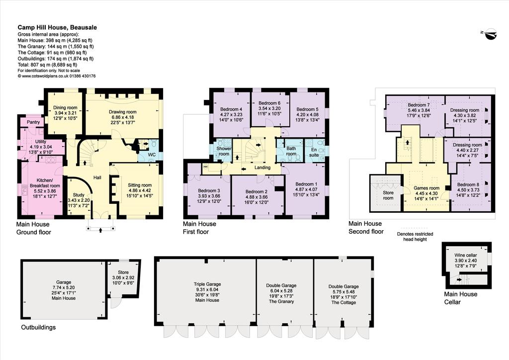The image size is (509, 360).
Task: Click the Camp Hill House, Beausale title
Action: [57, 27]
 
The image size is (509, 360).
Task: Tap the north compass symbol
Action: [490, 34]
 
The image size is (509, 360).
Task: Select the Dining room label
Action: [65, 107]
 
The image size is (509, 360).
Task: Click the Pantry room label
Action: [33, 122]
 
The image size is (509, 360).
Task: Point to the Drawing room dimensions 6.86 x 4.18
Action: [123, 117]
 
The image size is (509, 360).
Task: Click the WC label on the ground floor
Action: [152, 155]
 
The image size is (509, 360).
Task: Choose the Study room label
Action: [79, 195]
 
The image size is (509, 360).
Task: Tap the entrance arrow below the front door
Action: [100, 230]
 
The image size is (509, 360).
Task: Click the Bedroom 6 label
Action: [269, 103]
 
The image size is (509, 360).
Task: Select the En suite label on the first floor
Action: [314, 152]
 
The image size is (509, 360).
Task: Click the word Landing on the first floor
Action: [262, 168]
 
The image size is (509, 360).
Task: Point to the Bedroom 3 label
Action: [209, 190]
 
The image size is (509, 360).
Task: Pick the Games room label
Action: [426, 188]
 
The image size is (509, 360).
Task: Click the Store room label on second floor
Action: [388, 195]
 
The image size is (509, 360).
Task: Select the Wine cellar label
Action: [465, 255]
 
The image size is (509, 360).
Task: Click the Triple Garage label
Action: [207, 284]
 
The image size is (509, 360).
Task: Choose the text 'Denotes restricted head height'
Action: [415, 237]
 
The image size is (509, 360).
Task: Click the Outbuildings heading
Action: [38, 327]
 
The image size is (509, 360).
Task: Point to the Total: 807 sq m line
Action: [47, 65]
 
